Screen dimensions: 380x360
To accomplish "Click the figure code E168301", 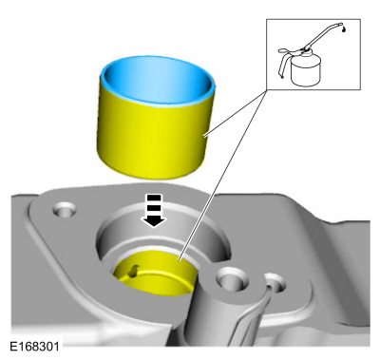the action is pyautogui.click(x=34, y=347).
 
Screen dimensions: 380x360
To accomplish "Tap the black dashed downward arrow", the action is pyautogui.click(x=153, y=211).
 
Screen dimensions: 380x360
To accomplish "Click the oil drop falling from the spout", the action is pyautogui.click(x=344, y=30).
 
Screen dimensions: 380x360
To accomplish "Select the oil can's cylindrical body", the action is pyautogui.click(x=305, y=70).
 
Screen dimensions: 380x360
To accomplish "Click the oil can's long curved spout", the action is pyautogui.click(x=323, y=35).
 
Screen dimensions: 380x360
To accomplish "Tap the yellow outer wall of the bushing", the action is pyautogui.click(x=152, y=140).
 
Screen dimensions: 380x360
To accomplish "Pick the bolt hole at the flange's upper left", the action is pyautogui.click(x=65, y=209).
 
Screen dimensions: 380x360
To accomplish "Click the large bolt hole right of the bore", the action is pyautogui.click(x=232, y=278).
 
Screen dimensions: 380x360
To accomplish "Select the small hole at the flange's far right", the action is pyautogui.click(x=275, y=282).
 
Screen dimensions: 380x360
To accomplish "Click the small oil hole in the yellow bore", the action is pyautogui.click(x=134, y=271).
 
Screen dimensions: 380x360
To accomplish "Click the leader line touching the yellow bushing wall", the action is pyautogui.click(x=235, y=113).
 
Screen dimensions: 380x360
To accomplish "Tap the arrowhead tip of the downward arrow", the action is pyautogui.click(x=154, y=227).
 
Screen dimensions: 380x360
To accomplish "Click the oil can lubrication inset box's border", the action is pyautogui.click(x=266, y=54).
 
